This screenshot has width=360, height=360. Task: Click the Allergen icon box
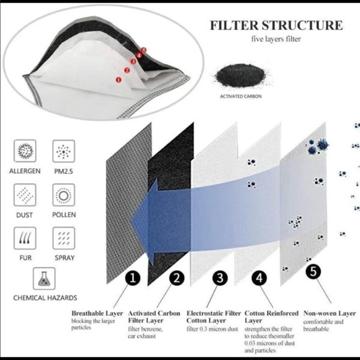coord(25,151)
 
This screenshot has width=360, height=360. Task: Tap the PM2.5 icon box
coord(63,151)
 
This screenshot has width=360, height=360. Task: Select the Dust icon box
coord(25,195)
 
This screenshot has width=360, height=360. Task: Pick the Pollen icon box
coord(63,195)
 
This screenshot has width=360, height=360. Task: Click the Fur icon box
coord(25,238)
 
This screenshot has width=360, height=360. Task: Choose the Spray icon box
coord(63,238)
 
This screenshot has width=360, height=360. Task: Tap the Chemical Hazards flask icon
coord(44,278)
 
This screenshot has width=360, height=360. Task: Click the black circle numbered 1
coord(133,278)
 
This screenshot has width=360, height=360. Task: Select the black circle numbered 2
coord(177,278)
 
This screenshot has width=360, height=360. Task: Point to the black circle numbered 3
coord(220,278)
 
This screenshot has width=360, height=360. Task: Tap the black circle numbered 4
coord(259,278)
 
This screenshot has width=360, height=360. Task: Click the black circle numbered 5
coord(313,271)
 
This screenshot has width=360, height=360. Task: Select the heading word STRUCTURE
coord(302,25)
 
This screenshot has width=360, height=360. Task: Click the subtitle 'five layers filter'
coord(276,39)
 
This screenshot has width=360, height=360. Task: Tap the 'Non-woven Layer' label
coord(330,313)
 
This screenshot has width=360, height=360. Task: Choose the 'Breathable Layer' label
coord(97,313)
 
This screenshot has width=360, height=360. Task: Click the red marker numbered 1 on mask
coord(119,79)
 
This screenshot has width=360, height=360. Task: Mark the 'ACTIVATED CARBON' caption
coord(241,96)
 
